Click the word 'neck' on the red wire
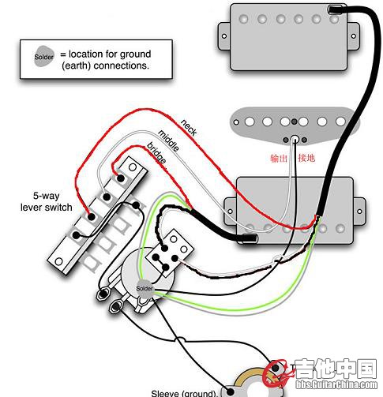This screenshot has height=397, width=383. (189, 128)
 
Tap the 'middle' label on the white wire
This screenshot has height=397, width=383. (169, 140)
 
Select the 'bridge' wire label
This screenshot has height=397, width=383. (157, 153)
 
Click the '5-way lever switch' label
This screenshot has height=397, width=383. (47, 201)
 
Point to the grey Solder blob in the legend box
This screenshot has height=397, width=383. (44, 56)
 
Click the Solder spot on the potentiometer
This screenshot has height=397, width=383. (145, 289)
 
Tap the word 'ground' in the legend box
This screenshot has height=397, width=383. (136, 54)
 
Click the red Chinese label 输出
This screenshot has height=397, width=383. (279, 158)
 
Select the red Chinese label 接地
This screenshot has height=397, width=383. (306, 158)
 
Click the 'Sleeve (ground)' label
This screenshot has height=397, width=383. (184, 393)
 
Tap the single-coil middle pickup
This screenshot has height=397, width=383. (295, 125)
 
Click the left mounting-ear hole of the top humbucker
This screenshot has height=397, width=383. (224, 36)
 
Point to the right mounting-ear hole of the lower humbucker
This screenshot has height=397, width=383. (359, 211)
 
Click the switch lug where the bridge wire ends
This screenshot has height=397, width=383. (121, 178)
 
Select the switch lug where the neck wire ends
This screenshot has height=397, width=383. (92, 217)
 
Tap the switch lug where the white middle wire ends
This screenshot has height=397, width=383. (107, 197)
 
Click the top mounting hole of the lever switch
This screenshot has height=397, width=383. (133, 167)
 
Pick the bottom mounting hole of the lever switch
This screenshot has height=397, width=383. (58, 261)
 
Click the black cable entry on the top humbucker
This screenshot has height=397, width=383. (336, 10)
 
